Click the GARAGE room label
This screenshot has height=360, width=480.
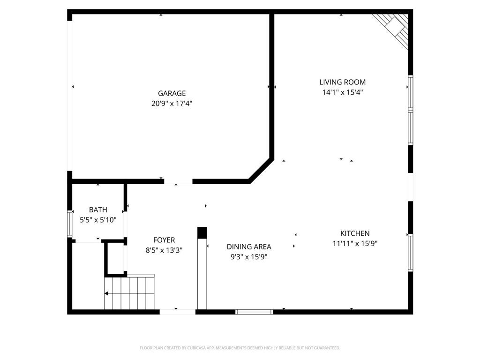172,93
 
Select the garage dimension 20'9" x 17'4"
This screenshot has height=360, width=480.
172,104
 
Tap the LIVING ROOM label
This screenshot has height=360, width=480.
342,82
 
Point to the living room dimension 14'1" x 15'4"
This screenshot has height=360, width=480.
342,92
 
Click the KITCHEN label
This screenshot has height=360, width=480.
355,233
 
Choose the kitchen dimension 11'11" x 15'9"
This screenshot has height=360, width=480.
355,243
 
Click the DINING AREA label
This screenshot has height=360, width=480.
249,247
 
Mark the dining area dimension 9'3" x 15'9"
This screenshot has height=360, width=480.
249,257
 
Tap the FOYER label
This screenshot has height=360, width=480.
164,240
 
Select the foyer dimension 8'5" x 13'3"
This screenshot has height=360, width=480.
164,250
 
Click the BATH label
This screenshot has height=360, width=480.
98,210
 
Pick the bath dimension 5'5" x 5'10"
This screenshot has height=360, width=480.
98,219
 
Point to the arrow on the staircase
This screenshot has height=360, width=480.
107,294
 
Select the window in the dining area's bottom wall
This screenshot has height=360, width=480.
254,311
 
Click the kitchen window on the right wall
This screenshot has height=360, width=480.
410,252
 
